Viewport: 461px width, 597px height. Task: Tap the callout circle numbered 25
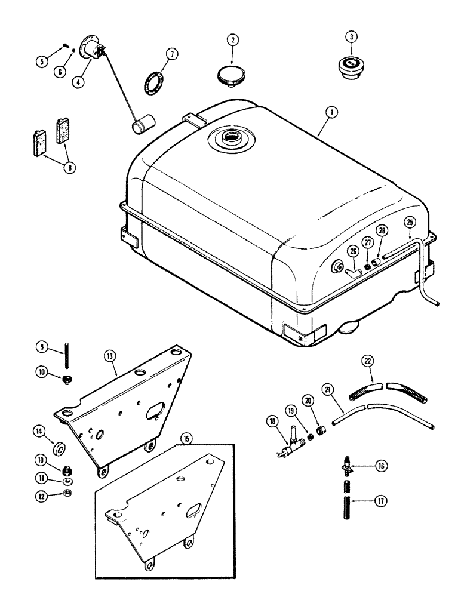coord(409,222)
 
